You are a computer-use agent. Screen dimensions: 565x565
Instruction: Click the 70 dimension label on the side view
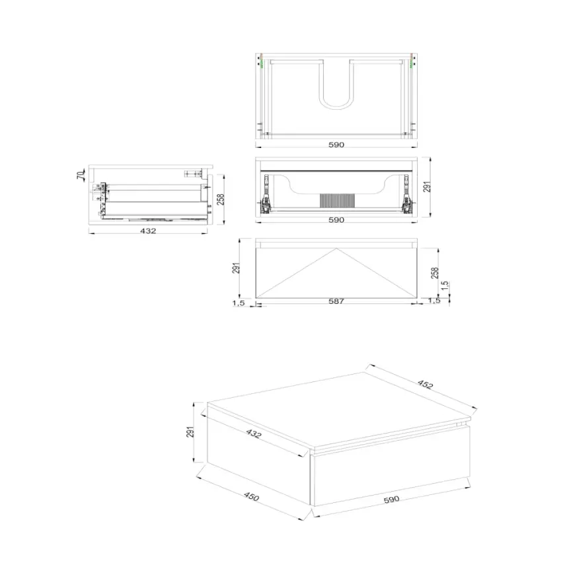[80, 175]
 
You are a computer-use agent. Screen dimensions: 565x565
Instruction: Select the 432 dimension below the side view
[148, 231]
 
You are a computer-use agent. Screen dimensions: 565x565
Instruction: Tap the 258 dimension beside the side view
[221, 198]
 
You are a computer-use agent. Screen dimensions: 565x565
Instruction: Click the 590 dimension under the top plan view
[336, 145]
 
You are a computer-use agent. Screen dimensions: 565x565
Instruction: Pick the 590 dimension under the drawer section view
[336, 220]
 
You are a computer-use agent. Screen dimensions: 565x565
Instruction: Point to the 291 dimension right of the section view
[428, 188]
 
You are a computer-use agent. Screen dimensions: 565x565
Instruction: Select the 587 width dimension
[336, 301]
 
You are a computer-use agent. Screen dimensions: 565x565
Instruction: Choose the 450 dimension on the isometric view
[251, 497]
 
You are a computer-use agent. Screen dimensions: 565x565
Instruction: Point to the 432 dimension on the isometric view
[254, 434]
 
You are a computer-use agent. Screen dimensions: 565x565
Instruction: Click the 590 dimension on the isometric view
[392, 500]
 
